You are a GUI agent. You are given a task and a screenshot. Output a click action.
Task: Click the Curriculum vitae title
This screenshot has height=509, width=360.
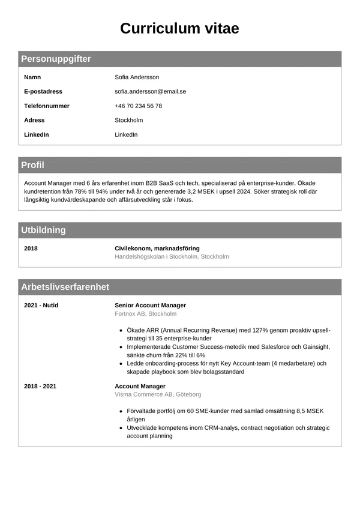tap(179, 28)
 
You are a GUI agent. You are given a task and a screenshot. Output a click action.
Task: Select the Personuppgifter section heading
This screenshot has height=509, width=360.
tap(56, 59)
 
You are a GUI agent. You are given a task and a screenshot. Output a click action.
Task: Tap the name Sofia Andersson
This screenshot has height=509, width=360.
tap(137, 77)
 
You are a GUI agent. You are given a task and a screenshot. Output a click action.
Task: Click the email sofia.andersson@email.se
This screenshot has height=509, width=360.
tap(150, 92)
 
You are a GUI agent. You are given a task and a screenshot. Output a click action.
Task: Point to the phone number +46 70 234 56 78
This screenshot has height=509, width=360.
tap(138, 106)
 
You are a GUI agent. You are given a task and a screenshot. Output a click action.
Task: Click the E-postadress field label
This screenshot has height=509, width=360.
tap(43, 92)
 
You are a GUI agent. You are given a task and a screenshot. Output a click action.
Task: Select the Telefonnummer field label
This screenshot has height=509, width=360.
tap(47, 106)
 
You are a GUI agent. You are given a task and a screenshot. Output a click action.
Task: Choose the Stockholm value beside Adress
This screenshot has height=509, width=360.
tap(129, 120)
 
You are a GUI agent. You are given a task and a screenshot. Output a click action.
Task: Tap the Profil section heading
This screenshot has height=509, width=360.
tap(32, 165)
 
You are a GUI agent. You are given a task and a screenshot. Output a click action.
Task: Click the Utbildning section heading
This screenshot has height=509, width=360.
tap(43, 230)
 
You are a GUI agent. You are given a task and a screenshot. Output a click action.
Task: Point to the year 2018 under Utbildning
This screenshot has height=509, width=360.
tap(31, 248)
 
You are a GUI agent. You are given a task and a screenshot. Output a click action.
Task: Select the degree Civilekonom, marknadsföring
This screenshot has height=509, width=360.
tap(157, 248)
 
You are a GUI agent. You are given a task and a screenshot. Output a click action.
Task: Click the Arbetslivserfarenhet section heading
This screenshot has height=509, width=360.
tap(65, 287)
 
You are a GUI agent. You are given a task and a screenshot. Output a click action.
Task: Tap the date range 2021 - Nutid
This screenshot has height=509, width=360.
tap(41, 306)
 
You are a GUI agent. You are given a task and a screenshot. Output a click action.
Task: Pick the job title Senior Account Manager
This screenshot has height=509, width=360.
tap(150, 306)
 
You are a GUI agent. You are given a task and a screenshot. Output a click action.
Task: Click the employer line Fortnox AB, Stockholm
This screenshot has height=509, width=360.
tap(145, 314)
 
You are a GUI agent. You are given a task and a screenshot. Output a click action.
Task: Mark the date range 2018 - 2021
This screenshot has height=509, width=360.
tap(40, 387)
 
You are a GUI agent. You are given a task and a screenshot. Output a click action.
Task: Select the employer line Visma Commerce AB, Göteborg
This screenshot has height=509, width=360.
tap(158, 395)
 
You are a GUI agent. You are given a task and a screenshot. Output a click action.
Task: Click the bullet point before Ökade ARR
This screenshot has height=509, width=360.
tap(121, 331)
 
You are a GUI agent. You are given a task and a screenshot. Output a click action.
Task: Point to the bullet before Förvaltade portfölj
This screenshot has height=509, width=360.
tap(121, 411)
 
